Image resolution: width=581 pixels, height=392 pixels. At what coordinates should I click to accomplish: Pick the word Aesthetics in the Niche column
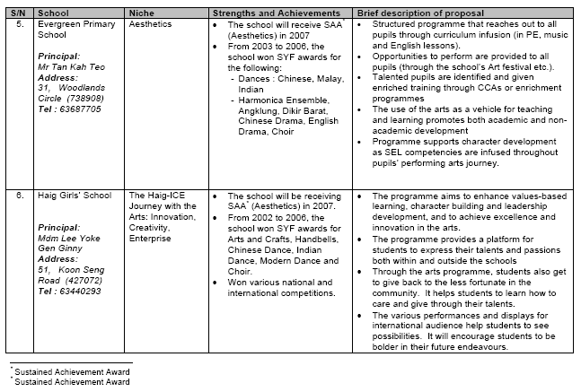click(x=150, y=25)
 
